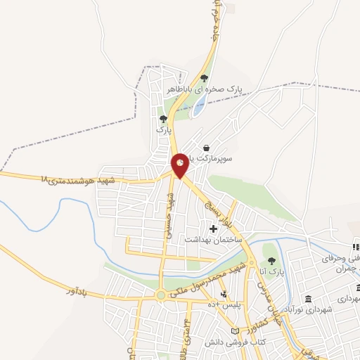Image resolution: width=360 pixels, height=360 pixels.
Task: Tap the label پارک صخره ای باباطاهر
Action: tap(204, 90)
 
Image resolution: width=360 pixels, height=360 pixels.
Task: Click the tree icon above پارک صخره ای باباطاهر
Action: tap(204, 78)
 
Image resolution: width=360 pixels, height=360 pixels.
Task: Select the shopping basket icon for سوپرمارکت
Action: tap(206, 148)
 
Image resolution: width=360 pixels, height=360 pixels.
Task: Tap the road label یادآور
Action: tap(82, 290)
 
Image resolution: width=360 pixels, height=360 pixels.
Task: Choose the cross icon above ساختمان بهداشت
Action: tap(214, 229)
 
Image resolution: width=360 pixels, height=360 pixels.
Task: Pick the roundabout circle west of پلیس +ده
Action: tap(162, 295)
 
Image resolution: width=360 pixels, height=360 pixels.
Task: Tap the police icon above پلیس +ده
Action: tap(224, 295)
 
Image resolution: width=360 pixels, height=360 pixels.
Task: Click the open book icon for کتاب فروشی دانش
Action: tap(235, 330)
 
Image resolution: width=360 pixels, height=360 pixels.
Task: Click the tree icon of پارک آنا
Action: tap(269, 257)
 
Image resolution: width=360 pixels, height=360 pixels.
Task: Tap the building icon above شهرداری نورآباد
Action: tap(309, 298)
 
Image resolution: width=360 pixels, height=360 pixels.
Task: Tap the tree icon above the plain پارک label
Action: tap(163, 119)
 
